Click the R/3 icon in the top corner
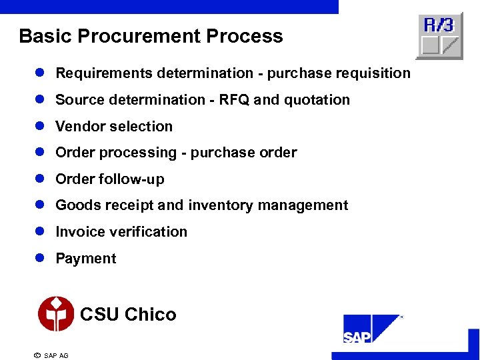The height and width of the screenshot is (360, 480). point(439,36)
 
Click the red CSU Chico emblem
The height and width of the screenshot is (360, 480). point(56,314)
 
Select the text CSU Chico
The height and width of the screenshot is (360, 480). point(128,315)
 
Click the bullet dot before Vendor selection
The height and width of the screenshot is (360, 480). point(39,126)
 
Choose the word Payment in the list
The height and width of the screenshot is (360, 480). point(85,259)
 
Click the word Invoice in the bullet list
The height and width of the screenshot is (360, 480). point(76,232)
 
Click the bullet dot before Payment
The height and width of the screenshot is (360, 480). point(39,259)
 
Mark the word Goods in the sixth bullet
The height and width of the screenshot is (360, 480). point(75,205)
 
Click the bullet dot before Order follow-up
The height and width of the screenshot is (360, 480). point(39,179)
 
